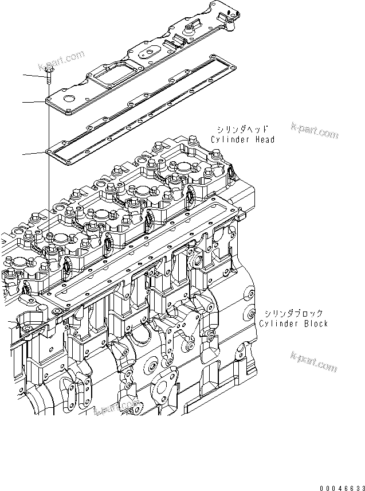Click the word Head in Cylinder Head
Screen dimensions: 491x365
click(x=264, y=139)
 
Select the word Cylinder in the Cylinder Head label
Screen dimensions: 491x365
click(x=230, y=139)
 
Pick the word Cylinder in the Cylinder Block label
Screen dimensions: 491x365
click(x=278, y=324)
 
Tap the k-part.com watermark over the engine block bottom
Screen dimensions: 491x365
click(x=117, y=407)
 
